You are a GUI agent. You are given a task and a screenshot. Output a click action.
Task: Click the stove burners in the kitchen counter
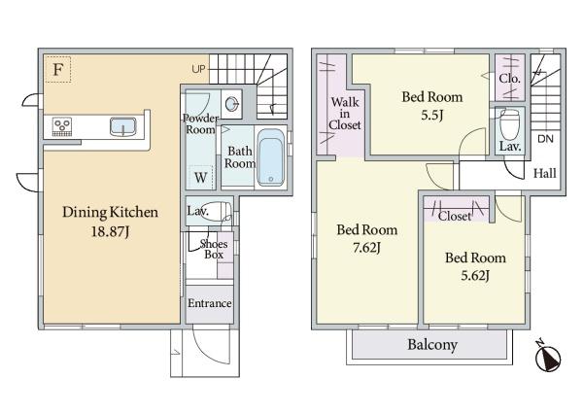coord(62,127)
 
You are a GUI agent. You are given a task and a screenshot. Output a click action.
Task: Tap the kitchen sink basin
coord(123,126)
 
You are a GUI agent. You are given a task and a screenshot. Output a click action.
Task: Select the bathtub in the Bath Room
coord(271,157)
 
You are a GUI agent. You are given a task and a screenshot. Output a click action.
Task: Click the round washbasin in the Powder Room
coord(231,104)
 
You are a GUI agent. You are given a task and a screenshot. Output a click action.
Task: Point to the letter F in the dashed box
coord(57,70)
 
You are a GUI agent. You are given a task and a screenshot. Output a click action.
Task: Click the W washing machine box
coord(201,177)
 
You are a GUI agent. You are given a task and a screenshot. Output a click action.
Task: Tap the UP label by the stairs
coord(198,69)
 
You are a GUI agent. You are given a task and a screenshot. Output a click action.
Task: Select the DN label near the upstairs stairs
coord(545,139)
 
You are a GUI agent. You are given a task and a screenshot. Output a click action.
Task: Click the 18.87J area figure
coord(110,231)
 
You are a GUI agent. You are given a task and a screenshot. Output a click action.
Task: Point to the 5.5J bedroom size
coord(431,115)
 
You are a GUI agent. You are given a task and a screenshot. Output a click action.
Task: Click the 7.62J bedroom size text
coord(366,247)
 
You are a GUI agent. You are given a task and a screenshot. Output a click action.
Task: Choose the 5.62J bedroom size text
coord(475,275)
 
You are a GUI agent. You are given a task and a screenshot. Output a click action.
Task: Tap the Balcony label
coord(432,345)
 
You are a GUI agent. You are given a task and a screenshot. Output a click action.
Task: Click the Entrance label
coord(209,303)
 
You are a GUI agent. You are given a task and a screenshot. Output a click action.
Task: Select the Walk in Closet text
coord(345,114)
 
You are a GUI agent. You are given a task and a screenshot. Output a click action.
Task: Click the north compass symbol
coord(547,357)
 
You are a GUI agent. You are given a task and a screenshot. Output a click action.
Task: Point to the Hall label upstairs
coord(545,173)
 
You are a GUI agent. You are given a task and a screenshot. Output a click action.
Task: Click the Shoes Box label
coord(214,249)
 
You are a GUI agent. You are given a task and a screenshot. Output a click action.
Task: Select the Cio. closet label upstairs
coord(509,79)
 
